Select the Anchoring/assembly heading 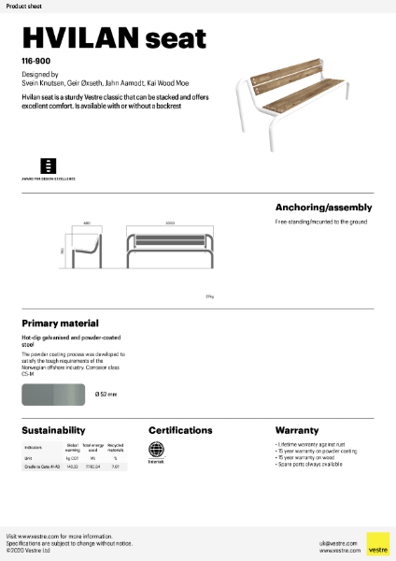click(x=323, y=208)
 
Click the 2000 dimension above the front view click(x=170, y=224)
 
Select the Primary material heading click(x=60, y=323)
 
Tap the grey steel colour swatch click(x=52, y=394)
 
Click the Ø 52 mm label click(x=106, y=394)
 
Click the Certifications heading click(x=180, y=430)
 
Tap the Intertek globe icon click(x=156, y=449)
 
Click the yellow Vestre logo click(x=377, y=543)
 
